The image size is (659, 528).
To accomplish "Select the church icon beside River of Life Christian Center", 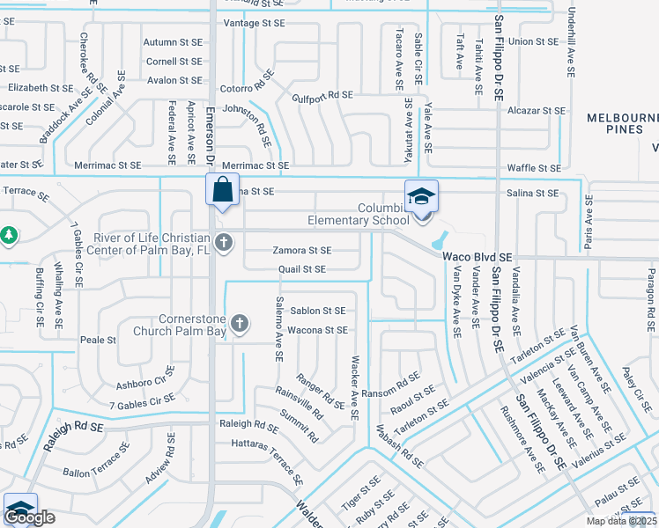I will click(224, 242).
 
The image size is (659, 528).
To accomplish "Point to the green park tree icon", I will click(9, 235).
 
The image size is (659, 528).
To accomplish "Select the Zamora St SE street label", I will click(301, 251).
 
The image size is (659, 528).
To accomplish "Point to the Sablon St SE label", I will click(318, 311).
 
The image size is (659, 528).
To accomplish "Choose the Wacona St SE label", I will click(318, 330).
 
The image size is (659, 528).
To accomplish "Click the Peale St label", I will click(98, 340).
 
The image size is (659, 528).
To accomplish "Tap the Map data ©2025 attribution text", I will click(622, 521).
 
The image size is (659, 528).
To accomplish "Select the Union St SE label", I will click(533, 40).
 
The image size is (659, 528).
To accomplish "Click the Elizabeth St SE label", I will click(40, 88).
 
